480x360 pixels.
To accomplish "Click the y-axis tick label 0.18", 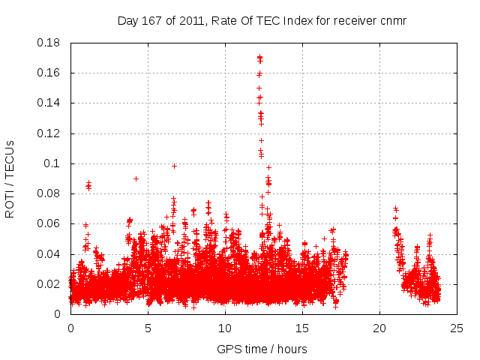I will coord(51,43).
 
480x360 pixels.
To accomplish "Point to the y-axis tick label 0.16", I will coord(51,73).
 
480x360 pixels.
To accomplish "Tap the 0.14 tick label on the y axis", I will coord(51,103).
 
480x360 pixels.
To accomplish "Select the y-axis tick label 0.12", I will coord(51,133).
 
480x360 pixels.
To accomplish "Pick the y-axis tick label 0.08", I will coord(51,193).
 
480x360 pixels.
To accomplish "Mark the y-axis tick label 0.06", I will coord(51,223).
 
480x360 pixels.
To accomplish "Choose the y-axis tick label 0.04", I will coord(51,254).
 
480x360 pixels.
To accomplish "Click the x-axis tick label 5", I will coord(148,328).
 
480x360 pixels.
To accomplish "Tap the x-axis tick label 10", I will coord(225,328).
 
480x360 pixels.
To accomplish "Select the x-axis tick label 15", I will coord(302,328).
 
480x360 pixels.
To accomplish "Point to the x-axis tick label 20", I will coord(379,328).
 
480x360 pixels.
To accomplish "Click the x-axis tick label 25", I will coord(457,328).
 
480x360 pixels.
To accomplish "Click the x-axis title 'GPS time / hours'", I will coord(262,349).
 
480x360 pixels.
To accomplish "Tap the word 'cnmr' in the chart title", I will coord(392,20).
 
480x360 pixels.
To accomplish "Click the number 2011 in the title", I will coord(193,20).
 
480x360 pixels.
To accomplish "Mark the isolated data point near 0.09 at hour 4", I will coord(136,178).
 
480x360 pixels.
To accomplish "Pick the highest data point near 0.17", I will coord(259,57).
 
